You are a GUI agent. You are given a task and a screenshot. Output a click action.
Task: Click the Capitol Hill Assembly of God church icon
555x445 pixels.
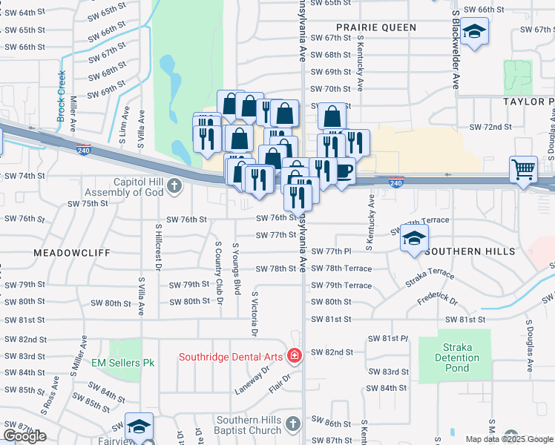click(x=174, y=185)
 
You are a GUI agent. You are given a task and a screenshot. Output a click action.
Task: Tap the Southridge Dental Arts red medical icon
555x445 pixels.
click(x=294, y=357)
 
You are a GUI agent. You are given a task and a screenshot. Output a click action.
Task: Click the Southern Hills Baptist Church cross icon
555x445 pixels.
click(x=293, y=423)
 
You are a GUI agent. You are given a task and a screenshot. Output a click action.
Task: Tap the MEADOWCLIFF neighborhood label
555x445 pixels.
click(x=71, y=253)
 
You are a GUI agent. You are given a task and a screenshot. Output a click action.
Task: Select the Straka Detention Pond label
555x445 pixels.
click(x=455, y=357)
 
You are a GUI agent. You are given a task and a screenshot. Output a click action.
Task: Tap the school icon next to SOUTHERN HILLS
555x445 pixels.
click(x=415, y=238)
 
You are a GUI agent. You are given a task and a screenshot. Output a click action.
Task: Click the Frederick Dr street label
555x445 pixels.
click(x=438, y=302)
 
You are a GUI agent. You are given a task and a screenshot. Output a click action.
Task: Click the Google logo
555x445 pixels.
click(x=24, y=436)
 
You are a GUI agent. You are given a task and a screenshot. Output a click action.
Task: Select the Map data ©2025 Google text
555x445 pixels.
click(x=508, y=439)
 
